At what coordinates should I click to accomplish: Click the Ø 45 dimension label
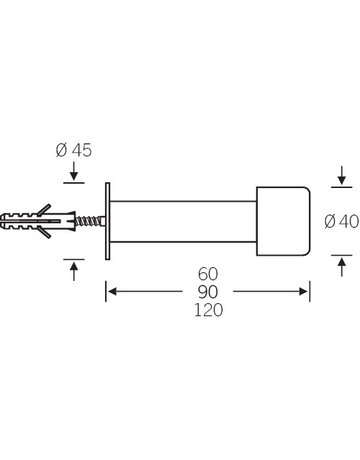pyautogui.click(x=74, y=150)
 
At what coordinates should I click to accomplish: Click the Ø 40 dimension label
pyautogui.click(x=342, y=221)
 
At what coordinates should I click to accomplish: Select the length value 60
pyautogui.click(x=208, y=274)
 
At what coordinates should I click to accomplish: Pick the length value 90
pyautogui.click(x=208, y=292)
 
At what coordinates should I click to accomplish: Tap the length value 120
pyautogui.click(x=208, y=310)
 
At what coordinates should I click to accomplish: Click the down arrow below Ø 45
pyautogui.click(x=74, y=171)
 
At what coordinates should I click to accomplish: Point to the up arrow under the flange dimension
pyautogui.click(x=74, y=271)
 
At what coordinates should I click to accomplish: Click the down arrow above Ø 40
pyautogui.click(x=342, y=175)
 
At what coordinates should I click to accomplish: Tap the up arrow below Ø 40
pyautogui.click(x=342, y=267)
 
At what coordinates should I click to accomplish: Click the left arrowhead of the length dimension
pyautogui.click(x=112, y=292)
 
